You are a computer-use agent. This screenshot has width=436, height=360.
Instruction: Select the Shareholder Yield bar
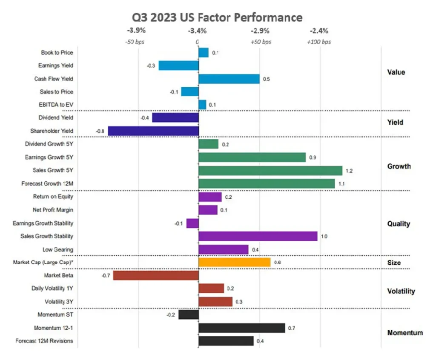pos(153,131)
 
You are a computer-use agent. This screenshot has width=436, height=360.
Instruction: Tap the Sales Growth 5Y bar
pos(270,170)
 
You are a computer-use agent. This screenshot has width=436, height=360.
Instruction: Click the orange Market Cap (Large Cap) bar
pos(235,263)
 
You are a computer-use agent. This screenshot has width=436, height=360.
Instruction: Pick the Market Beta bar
pos(156,276)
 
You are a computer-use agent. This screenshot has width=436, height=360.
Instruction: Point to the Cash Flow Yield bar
pos(229,79)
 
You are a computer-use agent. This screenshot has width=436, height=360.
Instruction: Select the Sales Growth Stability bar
pos(258,236)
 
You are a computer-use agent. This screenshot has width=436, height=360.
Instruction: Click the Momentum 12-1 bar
pos(242,328)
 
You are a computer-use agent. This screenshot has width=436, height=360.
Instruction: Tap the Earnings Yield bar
pos(179,66)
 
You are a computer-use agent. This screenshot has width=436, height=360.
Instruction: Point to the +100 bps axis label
pos(319,42)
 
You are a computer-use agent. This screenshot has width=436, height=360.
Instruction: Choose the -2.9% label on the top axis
pos(260,31)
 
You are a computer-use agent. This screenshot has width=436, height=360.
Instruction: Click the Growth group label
pos(399,166)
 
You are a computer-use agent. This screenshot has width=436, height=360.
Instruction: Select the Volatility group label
pos(401,291)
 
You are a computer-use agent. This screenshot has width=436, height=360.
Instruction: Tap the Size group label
pos(394,263)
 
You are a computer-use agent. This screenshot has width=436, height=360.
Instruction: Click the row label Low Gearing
pos(57,249)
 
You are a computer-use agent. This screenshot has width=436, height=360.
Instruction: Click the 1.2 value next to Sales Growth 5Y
pos(350,171)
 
